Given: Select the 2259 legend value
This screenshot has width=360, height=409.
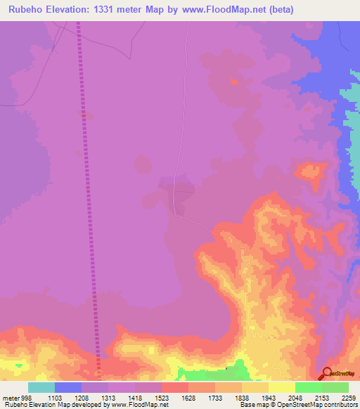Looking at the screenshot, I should (349, 398).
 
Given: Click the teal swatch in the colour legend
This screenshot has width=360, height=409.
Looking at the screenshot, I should (41, 387).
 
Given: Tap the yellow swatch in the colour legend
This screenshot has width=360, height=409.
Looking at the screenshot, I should (281, 387).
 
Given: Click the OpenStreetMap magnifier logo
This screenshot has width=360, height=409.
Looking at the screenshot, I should (327, 374).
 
